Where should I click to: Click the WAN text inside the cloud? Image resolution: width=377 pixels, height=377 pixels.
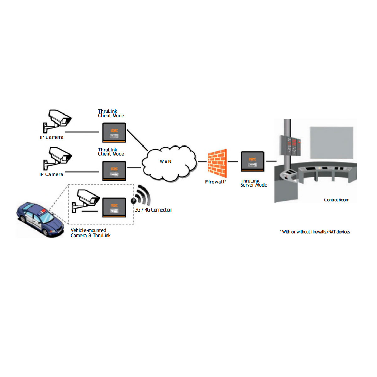pos(166,162)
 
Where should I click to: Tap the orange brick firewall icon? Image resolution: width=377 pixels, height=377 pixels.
pos(217,163)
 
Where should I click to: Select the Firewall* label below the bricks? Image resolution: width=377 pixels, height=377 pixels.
pos(216,182)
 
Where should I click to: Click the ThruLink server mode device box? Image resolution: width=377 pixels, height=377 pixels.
pos(252,161)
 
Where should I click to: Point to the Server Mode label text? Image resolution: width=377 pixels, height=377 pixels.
pos(254,185)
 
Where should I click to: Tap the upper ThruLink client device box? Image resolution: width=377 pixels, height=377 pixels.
pos(114,132)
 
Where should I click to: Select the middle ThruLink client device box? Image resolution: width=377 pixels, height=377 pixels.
pos(114,171)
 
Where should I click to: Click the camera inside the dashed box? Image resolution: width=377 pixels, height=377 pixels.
pos(85,200)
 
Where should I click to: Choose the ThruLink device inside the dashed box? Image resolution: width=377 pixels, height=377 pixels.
pos(114,207)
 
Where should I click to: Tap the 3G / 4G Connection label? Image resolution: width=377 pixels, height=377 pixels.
pos(154,210)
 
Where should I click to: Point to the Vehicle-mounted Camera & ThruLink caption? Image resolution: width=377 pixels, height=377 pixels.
pos(90,233)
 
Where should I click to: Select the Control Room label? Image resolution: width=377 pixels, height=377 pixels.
pos(336,200)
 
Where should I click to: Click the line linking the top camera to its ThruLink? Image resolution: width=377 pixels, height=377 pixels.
pos(82,132)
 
